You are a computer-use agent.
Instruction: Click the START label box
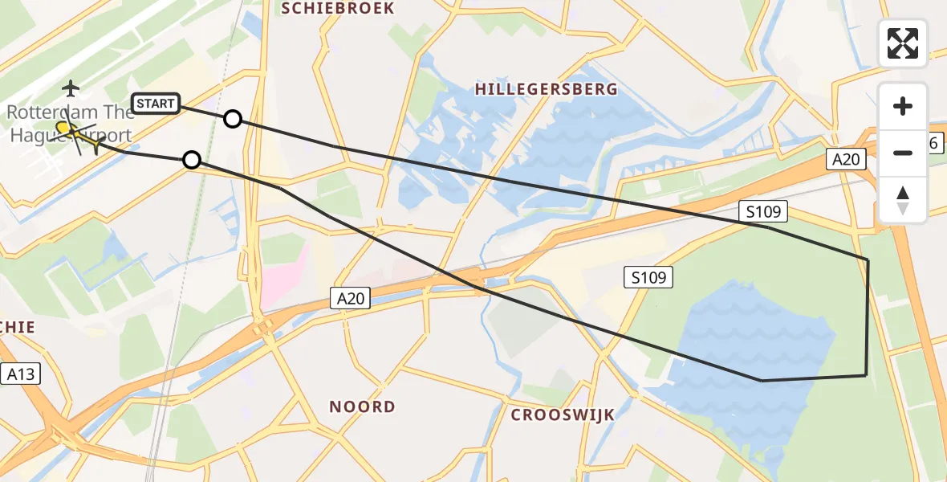(156, 104)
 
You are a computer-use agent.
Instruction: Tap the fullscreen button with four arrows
(903, 43)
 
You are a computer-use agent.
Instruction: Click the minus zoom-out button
(903, 153)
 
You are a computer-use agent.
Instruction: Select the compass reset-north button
(903, 200)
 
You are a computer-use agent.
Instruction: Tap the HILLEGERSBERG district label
(546, 89)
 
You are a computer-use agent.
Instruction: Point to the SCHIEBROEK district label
(337, 8)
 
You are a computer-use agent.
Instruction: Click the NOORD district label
(362, 406)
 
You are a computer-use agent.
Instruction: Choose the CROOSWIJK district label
(563, 415)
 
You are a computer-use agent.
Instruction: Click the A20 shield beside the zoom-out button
(846, 159)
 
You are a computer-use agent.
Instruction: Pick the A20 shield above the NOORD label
(351, 299)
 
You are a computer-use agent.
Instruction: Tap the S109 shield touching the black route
(763, 212)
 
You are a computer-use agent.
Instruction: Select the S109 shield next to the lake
(648, 278)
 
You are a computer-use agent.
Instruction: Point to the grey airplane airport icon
(71, 87)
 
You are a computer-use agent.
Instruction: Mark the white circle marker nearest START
(232, 119)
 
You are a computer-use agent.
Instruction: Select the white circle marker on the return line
(191, 160)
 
